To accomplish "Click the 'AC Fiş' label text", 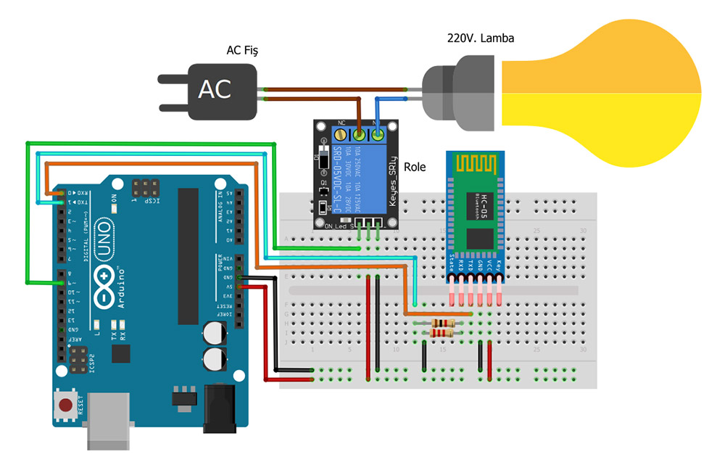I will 242,50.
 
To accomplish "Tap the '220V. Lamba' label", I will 480,38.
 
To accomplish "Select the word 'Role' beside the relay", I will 415,166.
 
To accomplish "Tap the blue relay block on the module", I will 357,170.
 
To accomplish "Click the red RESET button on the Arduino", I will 66,405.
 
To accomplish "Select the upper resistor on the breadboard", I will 442,323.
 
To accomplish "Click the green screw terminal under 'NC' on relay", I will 358,134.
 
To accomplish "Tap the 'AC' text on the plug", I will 215,90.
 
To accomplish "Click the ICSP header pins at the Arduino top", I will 144,186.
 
